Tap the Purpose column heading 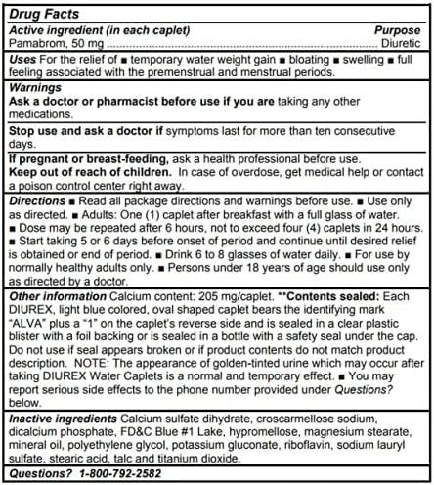tap(397, 31)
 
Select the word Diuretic tap(401, 44)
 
